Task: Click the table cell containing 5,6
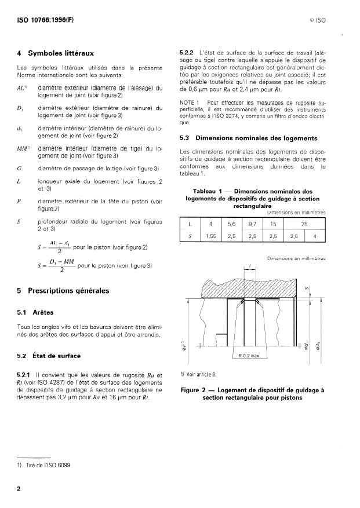pos(231,223)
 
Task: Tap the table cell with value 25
pos(304,223)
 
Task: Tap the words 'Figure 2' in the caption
pos(197,390)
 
